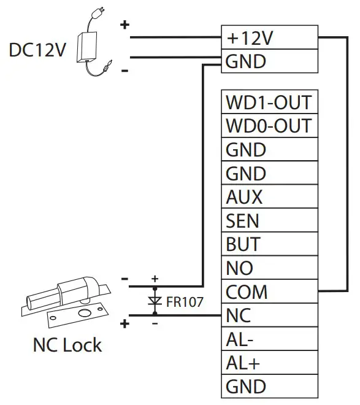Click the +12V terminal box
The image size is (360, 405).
(x=269, y=38)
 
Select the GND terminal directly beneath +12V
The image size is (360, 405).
(x=269, y=61)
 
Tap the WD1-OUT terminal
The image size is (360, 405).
(x=269, y=102)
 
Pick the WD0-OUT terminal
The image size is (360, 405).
(x=269, y=126)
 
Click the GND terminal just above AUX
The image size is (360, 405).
(x=269, y=174)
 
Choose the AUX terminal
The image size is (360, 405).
(x=269, y=197)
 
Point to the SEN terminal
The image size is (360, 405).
(x=269, y=220)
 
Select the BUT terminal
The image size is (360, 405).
(x=269, y=244)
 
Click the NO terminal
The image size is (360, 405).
(x=269, y=268)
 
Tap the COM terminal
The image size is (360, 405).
(x=269, y=291)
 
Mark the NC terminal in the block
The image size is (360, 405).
(x=269, y=315)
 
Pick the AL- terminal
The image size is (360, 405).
(x=269, y=339)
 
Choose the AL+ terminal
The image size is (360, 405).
(x=269, y=363)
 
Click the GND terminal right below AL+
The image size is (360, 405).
(x=269, y=387)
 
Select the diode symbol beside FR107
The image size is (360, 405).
(x=155, y=301)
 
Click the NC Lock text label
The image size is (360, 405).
(x=67, y=345)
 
